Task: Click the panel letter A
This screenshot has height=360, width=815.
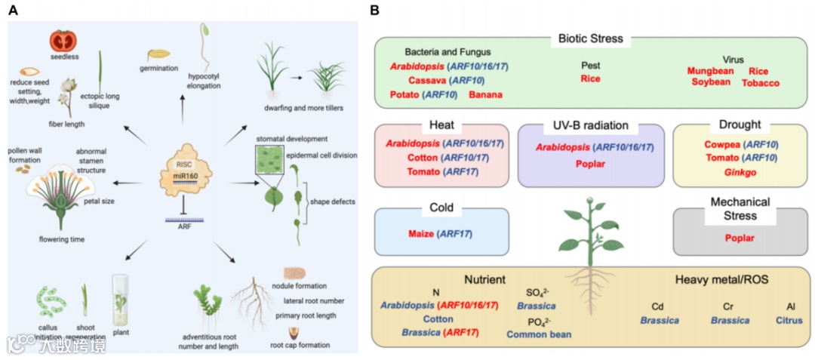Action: point(12,11)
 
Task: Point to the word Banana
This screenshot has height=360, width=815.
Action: point(486,94)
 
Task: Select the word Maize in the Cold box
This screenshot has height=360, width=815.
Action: point(419,234)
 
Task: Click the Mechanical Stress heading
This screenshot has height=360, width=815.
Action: point(740,208)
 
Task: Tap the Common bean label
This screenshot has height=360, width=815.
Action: point(540,334)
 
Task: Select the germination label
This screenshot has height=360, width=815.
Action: point(158,68)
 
